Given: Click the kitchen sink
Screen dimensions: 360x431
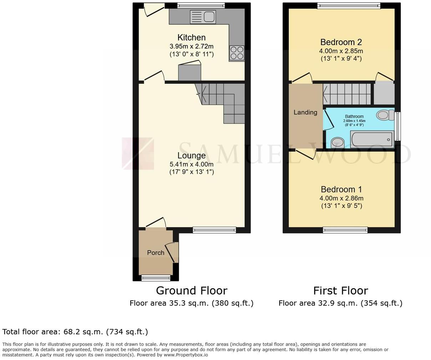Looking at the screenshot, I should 203,17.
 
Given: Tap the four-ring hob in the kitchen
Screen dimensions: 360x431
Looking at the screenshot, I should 237,53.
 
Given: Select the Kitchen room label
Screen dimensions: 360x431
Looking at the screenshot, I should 192,37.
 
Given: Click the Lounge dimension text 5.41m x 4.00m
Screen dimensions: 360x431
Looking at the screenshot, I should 192,164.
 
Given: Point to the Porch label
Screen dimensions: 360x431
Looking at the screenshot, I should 156,252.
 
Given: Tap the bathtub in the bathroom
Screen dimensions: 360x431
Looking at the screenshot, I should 372,139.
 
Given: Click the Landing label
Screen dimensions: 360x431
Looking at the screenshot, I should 305,112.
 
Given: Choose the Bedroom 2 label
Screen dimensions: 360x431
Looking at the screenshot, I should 341,42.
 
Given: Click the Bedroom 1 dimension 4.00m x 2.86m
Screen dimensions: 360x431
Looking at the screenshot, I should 341,198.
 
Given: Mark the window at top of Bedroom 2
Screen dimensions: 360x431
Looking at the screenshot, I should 349,5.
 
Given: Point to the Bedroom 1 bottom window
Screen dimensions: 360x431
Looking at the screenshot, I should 345,230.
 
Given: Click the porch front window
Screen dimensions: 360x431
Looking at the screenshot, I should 156,278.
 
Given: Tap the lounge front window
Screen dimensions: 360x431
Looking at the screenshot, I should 214,230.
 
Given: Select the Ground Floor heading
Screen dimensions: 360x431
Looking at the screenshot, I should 191,290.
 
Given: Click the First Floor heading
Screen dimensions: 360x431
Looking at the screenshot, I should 340,290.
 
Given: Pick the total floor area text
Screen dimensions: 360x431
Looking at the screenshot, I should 75,332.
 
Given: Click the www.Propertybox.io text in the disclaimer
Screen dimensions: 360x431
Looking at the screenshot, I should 186,355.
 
